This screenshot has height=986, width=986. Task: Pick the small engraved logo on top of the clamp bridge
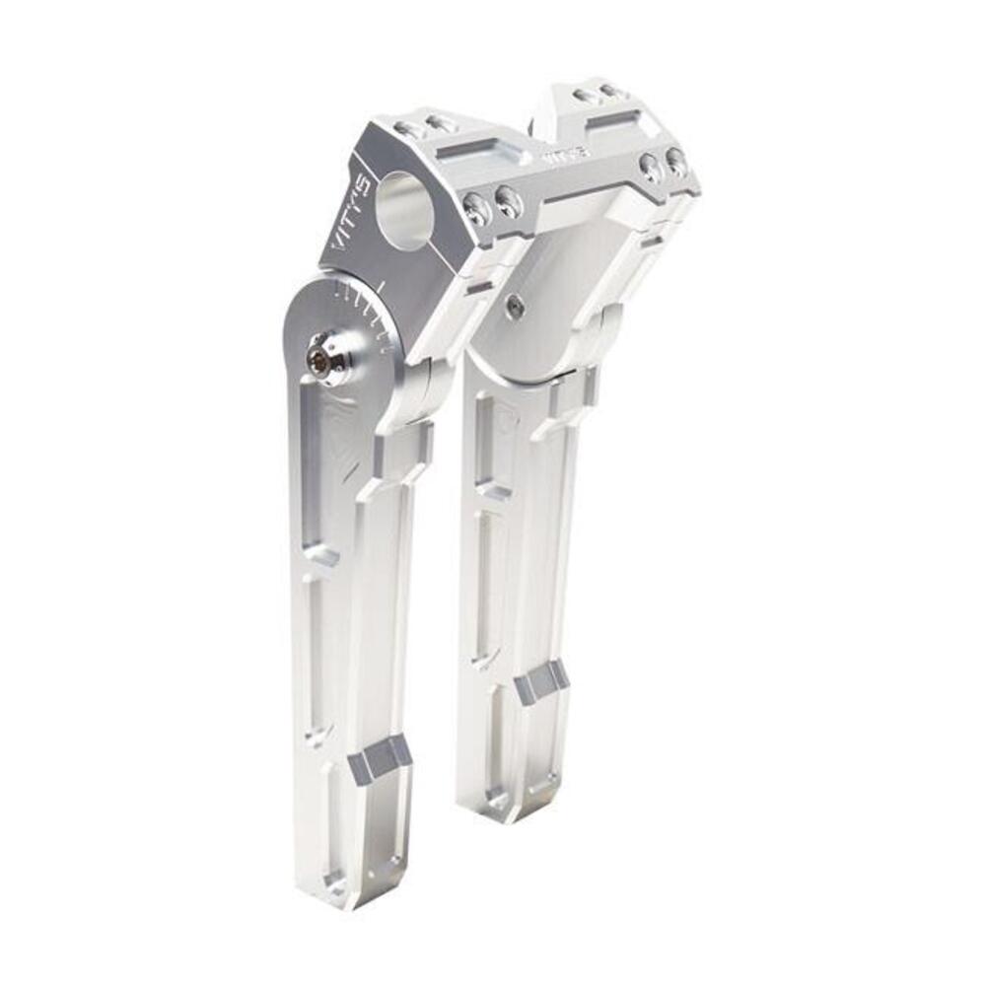(x=566, y=155)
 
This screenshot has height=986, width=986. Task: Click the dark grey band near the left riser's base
(x=381, y=759)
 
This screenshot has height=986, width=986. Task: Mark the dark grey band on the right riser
(x=541, y=681)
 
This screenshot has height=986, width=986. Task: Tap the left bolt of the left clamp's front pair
(x=477, y=208)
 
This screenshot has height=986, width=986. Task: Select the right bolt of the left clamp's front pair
(x=509, y=202)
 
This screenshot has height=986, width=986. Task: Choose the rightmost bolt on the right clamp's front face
(x=676, y=161)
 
